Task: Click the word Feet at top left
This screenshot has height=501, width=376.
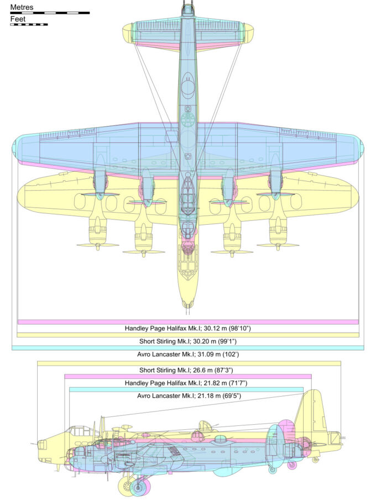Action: (x=18, y=19)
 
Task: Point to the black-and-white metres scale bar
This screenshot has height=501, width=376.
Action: (x=50, y=12)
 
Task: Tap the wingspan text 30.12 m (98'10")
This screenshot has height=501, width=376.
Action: (x=187, y=328)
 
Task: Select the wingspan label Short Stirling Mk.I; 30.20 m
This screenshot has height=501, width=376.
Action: (x=187, y=341)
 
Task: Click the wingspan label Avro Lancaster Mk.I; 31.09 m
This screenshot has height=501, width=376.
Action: (x=187, y=354)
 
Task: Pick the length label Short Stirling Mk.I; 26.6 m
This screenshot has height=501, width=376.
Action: (x=188, y=370)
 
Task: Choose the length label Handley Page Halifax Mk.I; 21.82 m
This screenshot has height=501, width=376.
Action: (x=188, y=383)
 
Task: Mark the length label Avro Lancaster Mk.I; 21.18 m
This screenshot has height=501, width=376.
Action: (x=188, y=395)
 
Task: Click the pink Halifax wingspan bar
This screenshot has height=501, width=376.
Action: (x=187, y=321)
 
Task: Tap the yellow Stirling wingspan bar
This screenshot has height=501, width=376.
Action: (x=187, y=335)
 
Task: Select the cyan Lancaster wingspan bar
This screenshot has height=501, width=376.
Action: (x=187, y=347)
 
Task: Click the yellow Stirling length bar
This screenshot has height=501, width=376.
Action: (x=188, y=363)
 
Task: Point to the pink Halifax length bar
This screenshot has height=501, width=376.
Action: (x=188, y=376)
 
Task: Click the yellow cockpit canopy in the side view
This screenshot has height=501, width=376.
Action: (x=79, y=430)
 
